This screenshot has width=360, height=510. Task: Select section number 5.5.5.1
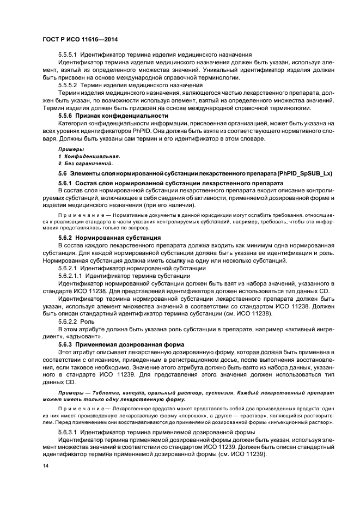pos(68,55)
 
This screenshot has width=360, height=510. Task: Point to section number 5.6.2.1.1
pos(71,276)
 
